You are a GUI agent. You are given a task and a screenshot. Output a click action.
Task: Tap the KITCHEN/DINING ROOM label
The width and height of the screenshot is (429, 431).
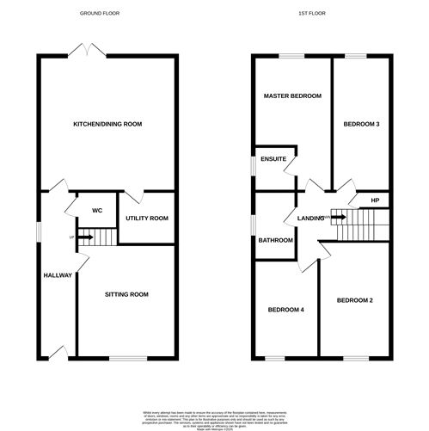pyautogui.click(x=107, y=125)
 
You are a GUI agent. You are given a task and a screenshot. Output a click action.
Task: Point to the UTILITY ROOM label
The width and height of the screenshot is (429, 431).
pyautogui.click(x=146, y=219)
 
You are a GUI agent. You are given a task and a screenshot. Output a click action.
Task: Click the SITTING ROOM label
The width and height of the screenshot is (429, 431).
pyautogui.click(x=126, y=294)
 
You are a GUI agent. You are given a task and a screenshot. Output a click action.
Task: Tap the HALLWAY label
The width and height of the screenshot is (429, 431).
pyautogui.click(x=58, y=275)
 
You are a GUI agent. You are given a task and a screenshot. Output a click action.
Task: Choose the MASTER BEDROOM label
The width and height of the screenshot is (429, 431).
pyautogui.click(x=293, y=96)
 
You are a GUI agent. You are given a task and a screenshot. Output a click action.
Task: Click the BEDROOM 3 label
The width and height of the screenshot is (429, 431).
pyautogui.click(x=362, y=124)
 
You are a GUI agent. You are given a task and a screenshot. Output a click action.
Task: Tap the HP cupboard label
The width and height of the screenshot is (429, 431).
pyautogui.click(x=374, y=200)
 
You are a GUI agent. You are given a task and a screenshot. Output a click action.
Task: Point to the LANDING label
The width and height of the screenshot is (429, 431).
pyautogui.click(x=311, y=218)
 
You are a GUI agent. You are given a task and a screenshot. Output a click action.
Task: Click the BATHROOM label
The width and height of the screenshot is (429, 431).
pyautogui.click(x=275, y=240)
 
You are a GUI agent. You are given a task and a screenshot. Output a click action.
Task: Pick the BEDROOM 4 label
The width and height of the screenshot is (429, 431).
pyautogui.click(x=285, y=310)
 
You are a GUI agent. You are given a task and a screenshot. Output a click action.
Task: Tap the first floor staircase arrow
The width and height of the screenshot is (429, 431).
pyautogui.click(x=339, y=218)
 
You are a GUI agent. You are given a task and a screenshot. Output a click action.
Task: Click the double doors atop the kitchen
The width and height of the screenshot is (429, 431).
pyautogui.click(x=83, y=54)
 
